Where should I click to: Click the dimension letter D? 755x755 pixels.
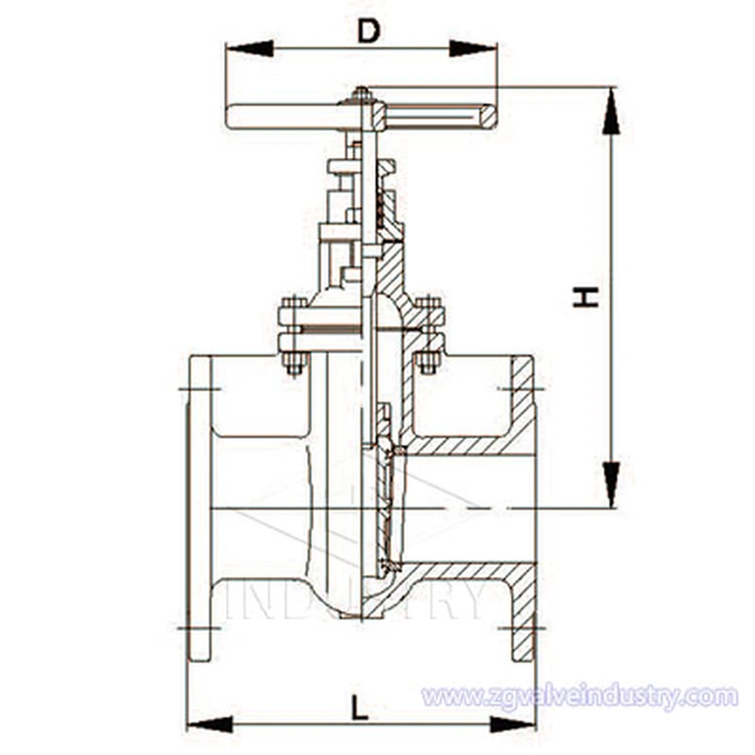tap(369, 32)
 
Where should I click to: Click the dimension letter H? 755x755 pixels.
tap(585, 297)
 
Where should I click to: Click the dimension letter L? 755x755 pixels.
tap(360, 707)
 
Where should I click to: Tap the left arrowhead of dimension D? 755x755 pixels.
tap(249, 48)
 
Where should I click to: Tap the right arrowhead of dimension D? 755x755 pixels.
tap(473, 48)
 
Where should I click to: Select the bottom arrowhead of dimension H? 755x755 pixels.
tap(611, 484)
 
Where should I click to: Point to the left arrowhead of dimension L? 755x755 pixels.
tap(210, 724)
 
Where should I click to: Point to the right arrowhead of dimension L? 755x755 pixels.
tap(512, 724)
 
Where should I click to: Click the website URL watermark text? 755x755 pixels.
tap(579, 696)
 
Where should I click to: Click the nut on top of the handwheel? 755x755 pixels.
tap(361, 94)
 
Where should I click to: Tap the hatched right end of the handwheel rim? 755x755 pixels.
tap(488, 117)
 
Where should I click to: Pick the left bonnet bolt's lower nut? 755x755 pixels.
tap(294, 366)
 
